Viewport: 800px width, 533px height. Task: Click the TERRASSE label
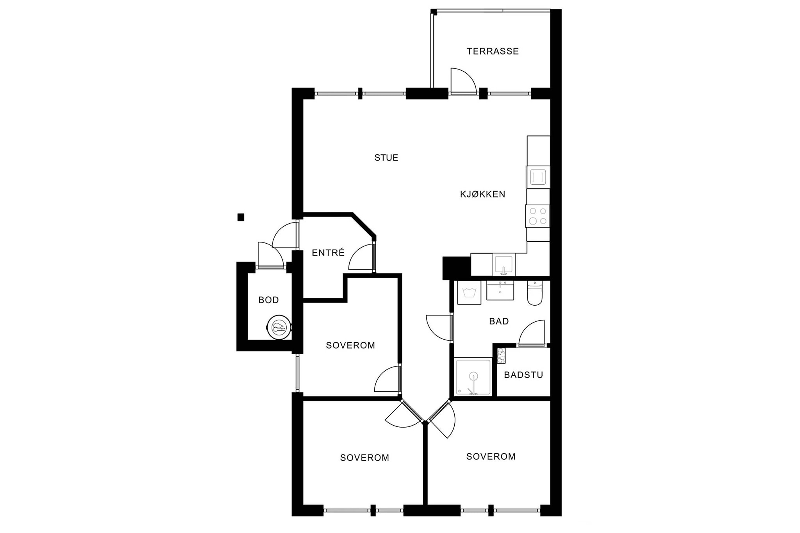click(x=493, y=51)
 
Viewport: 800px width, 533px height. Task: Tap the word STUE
click(x=386, y=158)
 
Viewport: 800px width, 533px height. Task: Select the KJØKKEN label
click(x=482, y=194)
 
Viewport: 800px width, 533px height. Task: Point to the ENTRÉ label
click(x=328, y=253)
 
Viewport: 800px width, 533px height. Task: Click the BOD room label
click(x=269, y=300)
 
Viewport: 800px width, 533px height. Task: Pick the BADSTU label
click(x=523, y=375)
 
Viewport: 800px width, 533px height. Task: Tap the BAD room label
click(x=499, y=321)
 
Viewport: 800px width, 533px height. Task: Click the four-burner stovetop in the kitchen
click(x=537, y=216)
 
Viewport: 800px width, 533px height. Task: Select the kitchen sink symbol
click(x=504, y=264)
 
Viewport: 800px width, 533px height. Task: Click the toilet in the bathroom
click(x=534, y=292)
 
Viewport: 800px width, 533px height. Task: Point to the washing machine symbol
click(x=468, y=292)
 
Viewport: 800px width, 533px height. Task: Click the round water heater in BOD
click(x=279, y=327)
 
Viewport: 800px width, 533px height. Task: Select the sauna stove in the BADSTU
click(x=500, y=356)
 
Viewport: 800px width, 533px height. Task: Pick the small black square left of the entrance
click(x=241, y=217)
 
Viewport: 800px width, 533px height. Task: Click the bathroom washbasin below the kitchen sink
click(x=500, y=290)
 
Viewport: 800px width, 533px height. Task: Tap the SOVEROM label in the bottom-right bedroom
click(x=491, y=456)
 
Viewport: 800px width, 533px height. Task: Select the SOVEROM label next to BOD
click(x=350, y=345)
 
